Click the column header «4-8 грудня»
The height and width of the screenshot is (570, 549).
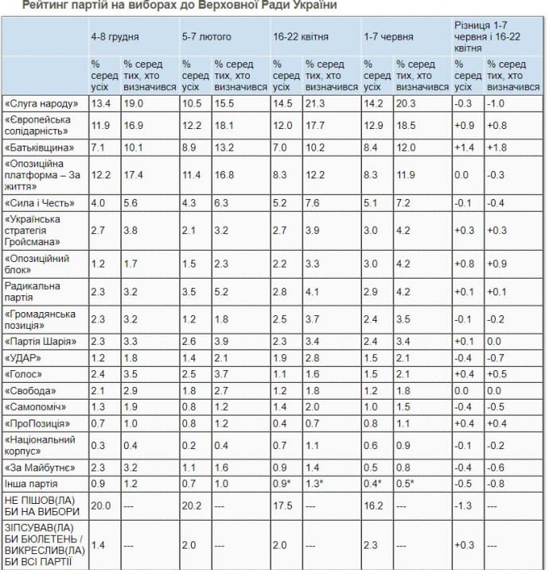click(115, 37)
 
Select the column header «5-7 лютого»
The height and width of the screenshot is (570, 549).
click(205, 37)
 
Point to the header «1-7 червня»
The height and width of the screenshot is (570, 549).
click(387, 37)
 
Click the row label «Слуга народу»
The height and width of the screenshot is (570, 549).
click(41, 103)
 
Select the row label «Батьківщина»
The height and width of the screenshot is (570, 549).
click(38, 147)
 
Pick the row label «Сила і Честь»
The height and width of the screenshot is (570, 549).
click(39, 202)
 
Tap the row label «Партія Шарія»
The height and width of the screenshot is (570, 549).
click(41, 342)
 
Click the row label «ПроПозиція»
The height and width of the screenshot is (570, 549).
click(37, 424)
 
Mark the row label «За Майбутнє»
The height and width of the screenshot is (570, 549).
click(39, 467)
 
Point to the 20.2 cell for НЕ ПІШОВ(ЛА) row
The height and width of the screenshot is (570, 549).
click(193, 505)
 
